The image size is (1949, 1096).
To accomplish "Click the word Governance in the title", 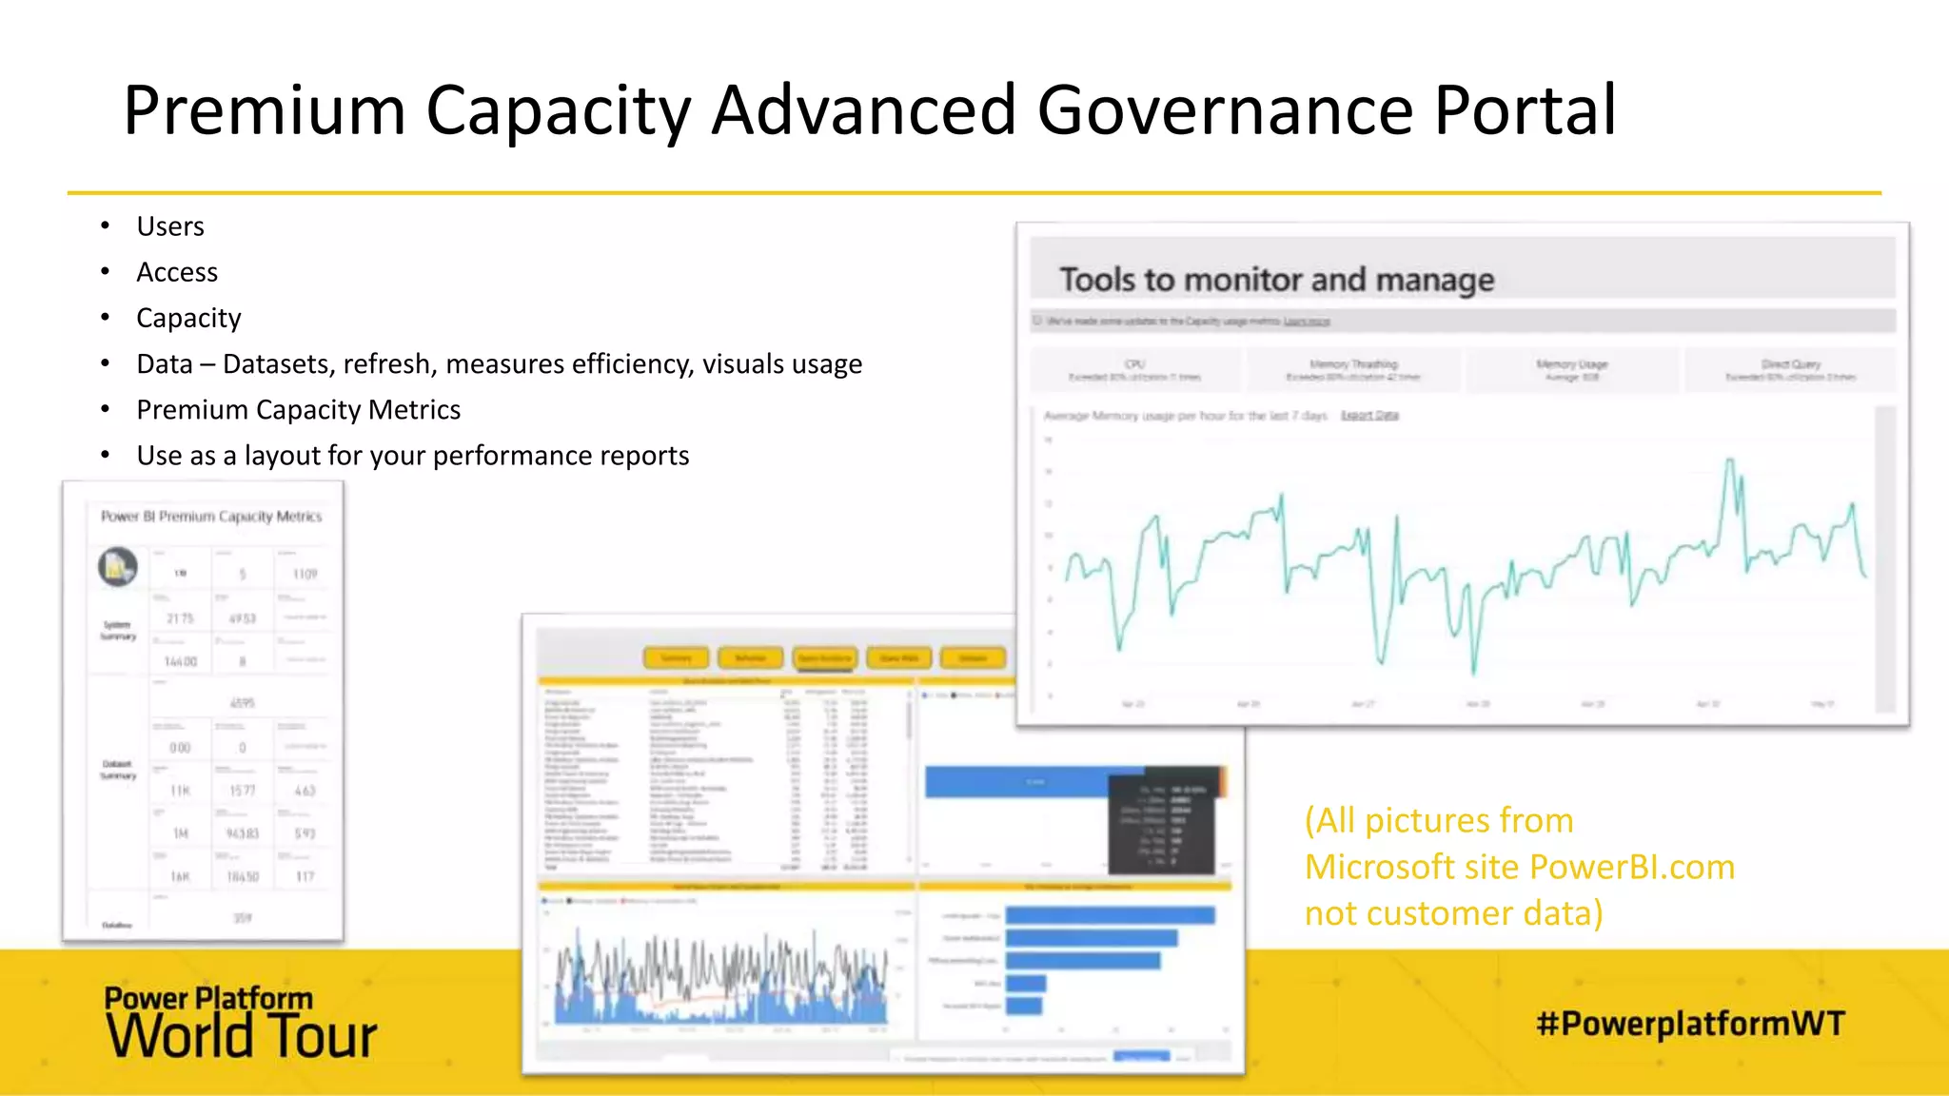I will coord(1225,110).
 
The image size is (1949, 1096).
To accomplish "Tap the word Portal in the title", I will coord(1525,110).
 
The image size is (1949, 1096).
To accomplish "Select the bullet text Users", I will coord(170,226).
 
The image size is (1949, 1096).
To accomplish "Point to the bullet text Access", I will coord(177,272).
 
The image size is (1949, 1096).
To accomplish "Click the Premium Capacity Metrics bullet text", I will coord(298,410).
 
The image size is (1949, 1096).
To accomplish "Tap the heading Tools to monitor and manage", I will coord(1276,280).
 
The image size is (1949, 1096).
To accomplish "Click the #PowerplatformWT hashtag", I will coord(1690,1024).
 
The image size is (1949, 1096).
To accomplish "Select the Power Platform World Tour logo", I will coord(240,1023).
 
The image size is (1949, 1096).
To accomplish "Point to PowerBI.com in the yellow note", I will coord(1632,867).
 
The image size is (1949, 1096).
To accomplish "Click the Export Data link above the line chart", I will coord(1369,416).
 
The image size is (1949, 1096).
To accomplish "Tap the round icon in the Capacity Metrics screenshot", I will coord(118,568).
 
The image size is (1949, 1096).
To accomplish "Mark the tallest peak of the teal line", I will coord(1729,461).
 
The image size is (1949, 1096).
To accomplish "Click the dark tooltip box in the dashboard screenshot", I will coord(1162,820).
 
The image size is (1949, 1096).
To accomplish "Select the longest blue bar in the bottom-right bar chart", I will coord(1110,915).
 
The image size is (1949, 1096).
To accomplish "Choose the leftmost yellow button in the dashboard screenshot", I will coord(676,658).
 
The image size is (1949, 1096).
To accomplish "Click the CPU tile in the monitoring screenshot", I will coord(1135,370).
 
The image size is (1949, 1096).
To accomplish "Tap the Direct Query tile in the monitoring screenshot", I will coord(1790,370).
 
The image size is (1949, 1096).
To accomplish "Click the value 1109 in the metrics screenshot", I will coord(305,575).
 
